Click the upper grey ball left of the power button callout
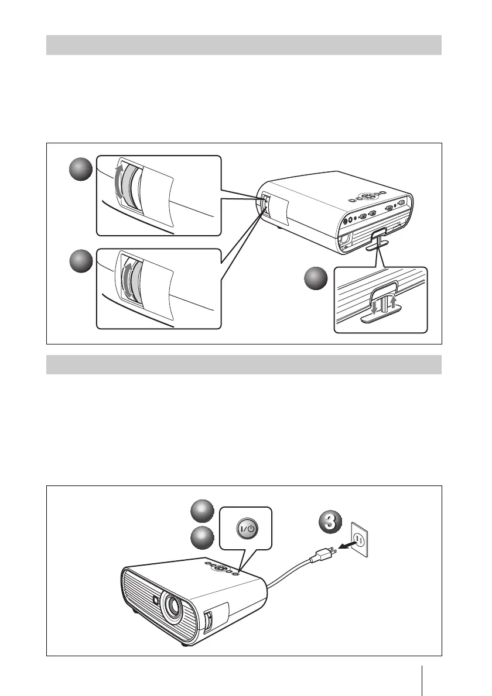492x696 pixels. tap(204, 512)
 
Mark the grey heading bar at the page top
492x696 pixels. tap(244, 44)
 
